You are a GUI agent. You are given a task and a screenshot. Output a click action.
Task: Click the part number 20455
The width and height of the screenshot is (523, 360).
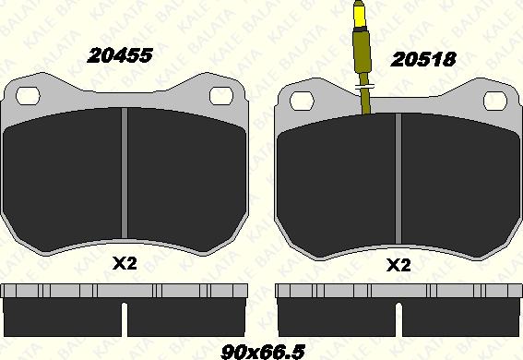click(120, 55)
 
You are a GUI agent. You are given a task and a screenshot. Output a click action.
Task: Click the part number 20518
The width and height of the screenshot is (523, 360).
click(423, 60)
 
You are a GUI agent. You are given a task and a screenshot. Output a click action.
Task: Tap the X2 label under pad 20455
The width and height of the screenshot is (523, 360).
click(125, 264)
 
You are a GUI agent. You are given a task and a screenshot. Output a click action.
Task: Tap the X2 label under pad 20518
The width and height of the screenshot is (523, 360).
click(398, 266)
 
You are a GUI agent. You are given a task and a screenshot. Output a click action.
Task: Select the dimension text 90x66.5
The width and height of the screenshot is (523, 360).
click(263, 352)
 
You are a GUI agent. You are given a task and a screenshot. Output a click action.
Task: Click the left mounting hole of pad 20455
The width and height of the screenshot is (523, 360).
click(28, 96)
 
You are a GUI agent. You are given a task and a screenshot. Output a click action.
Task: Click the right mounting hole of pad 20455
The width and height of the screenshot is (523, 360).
click(221, 96)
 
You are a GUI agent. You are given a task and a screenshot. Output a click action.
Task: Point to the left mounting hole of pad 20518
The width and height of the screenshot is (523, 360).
click(302, 101)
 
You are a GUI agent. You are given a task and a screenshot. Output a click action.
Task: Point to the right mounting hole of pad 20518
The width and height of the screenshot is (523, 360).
click(495, 101)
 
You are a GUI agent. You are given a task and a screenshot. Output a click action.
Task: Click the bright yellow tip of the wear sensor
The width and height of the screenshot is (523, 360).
click(359, 15)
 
